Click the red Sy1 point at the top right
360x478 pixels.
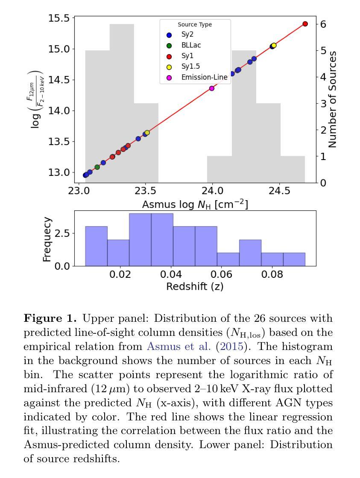[305, 24]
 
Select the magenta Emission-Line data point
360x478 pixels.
[212, 88]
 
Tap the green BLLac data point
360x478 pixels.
[97, 167]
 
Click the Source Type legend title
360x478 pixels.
[195, 25]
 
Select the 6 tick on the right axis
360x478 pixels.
[323, 24]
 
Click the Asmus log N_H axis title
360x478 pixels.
[195, 204]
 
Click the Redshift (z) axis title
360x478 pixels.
[195, 286]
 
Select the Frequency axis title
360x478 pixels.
[47, 239]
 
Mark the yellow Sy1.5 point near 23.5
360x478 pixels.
[147, 133]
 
